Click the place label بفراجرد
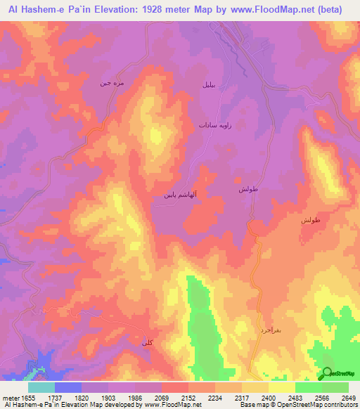click(x=271, y=329)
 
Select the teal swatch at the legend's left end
click(x=41, y=387)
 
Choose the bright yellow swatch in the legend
click(x=281, y=387)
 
